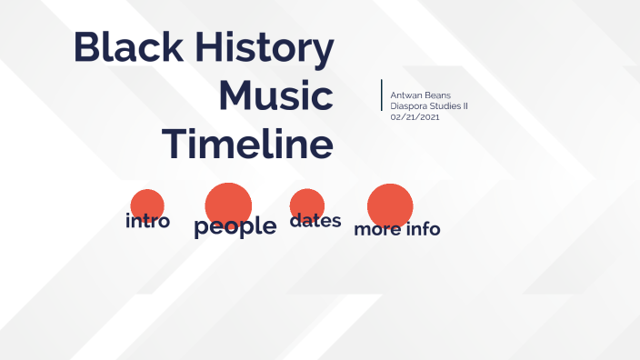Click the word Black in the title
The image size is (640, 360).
pyautogui.click(x=125, y=47)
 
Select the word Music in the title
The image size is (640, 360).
pyautogui.click(x=276, y=95)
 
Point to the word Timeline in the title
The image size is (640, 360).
pyautogui.click(x=247, y=143)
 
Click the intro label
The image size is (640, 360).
pyautogui.click(x=147, y=221)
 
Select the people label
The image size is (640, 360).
pyautogui.click(x=235, y=226)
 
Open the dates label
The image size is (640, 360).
pyautogui.click(x=315, y=220)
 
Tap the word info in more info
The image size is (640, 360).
pyautogui.click(x=423, y=228)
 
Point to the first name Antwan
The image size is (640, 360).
pyautogui.click(x=405, y=95)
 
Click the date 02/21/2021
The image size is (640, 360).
pyautogui.click(x=415, y=116)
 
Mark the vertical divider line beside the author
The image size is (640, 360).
pyautogui.click(x=382, y=95)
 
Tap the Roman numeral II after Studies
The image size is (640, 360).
pyautogui.click(x=465, y=105)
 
